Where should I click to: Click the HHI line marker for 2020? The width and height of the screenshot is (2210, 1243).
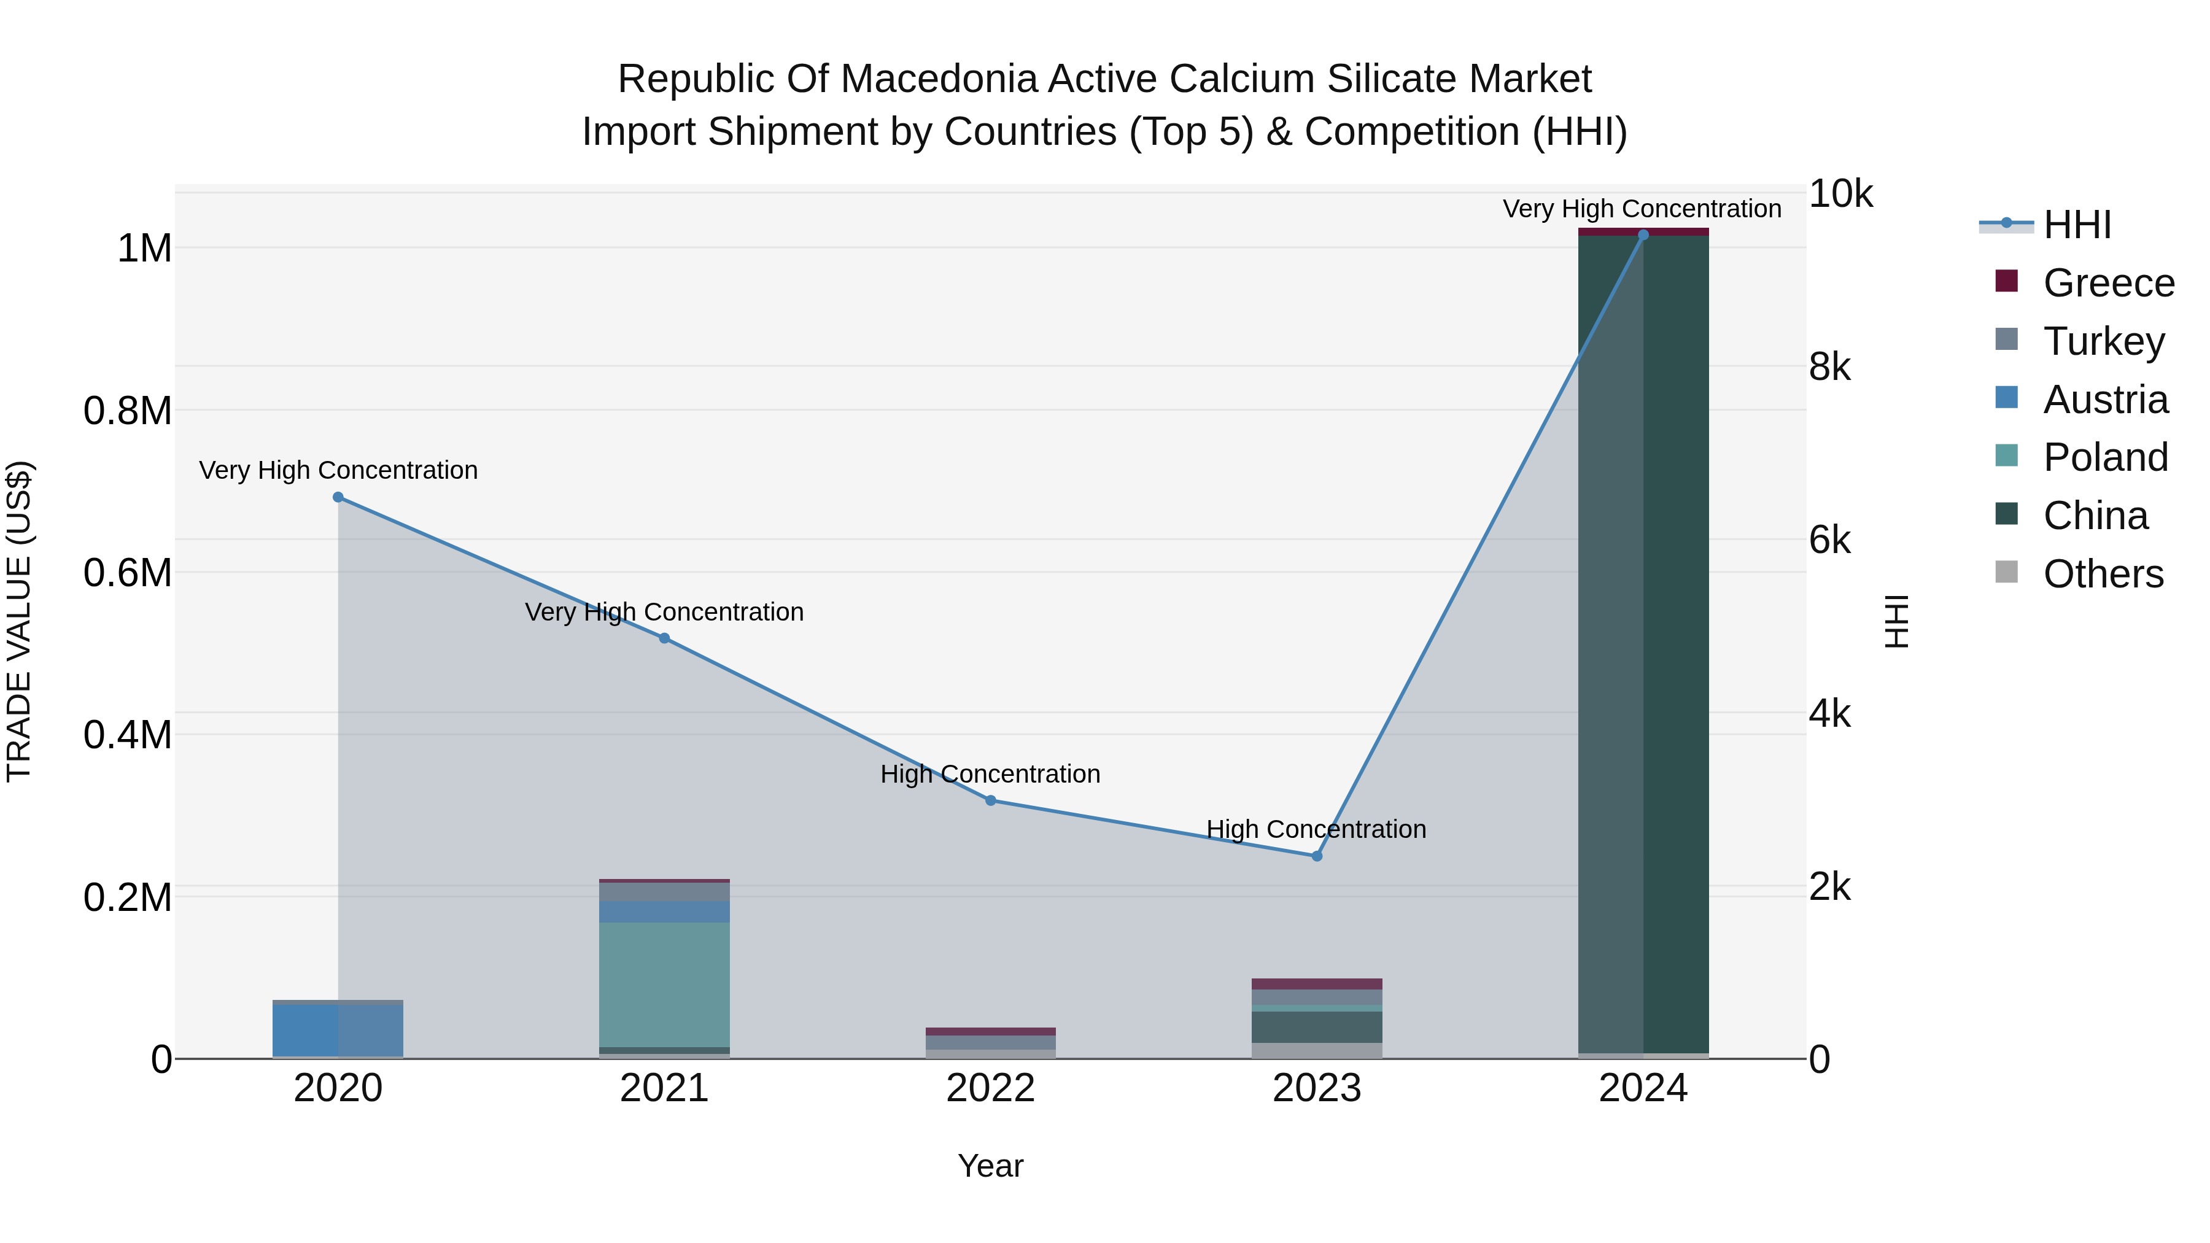[338, 498]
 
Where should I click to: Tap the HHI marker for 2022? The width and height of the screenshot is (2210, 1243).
[990, 800]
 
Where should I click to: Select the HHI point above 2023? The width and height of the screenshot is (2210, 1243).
[1317, 856]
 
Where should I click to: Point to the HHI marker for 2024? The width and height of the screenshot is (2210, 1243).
[1643, 235]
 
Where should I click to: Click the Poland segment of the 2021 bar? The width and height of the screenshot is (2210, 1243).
[664, 985]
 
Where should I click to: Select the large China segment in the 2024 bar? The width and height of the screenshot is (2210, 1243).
[1643, 643]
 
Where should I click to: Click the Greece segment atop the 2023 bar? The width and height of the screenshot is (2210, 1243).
[1317, 984]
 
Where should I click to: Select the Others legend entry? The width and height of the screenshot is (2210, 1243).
[2102, 574]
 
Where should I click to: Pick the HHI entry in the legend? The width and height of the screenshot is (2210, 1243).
[2076, 225]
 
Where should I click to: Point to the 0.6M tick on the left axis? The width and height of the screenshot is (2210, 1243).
[128, 573]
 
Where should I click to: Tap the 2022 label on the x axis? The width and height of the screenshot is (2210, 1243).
[990, 1088]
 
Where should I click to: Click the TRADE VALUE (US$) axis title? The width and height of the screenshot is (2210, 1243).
[19, 621]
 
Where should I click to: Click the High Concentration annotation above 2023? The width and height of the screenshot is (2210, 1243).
[1316, 829]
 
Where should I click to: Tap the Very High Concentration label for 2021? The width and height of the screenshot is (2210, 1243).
[664, 613]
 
